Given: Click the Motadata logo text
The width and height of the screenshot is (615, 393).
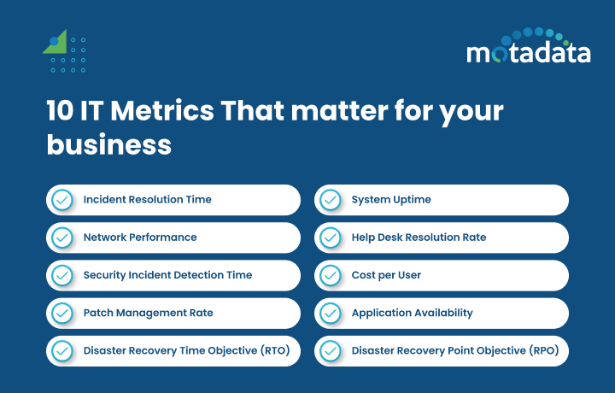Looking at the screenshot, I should (528, 53).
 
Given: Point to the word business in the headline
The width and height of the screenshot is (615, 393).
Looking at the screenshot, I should (108, 144).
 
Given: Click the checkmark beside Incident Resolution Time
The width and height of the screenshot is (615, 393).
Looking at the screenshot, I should (62, 200).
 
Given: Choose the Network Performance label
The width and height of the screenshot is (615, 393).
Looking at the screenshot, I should (139, 238).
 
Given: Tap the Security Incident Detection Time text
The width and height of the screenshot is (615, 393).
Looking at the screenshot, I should (167, 275).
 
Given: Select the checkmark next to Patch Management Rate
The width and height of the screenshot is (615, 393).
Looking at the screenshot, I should (62, 313).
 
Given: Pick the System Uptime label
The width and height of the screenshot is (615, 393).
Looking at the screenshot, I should (391, 200).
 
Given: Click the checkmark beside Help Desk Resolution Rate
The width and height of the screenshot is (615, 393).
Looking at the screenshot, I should (331, 238).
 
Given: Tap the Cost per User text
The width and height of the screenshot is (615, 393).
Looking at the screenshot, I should (386, 275).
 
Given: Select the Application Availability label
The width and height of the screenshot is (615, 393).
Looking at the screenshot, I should (412, 313).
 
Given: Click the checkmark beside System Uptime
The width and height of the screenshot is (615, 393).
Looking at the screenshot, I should (331, 200).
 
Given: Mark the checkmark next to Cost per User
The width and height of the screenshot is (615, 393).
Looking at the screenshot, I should (331, 275).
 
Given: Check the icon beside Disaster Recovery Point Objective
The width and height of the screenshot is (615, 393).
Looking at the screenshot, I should (331, 350).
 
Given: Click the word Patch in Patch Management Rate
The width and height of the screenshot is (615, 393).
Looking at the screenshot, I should (97, 313).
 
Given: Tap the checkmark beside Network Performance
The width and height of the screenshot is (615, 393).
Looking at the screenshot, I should (62, 238).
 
